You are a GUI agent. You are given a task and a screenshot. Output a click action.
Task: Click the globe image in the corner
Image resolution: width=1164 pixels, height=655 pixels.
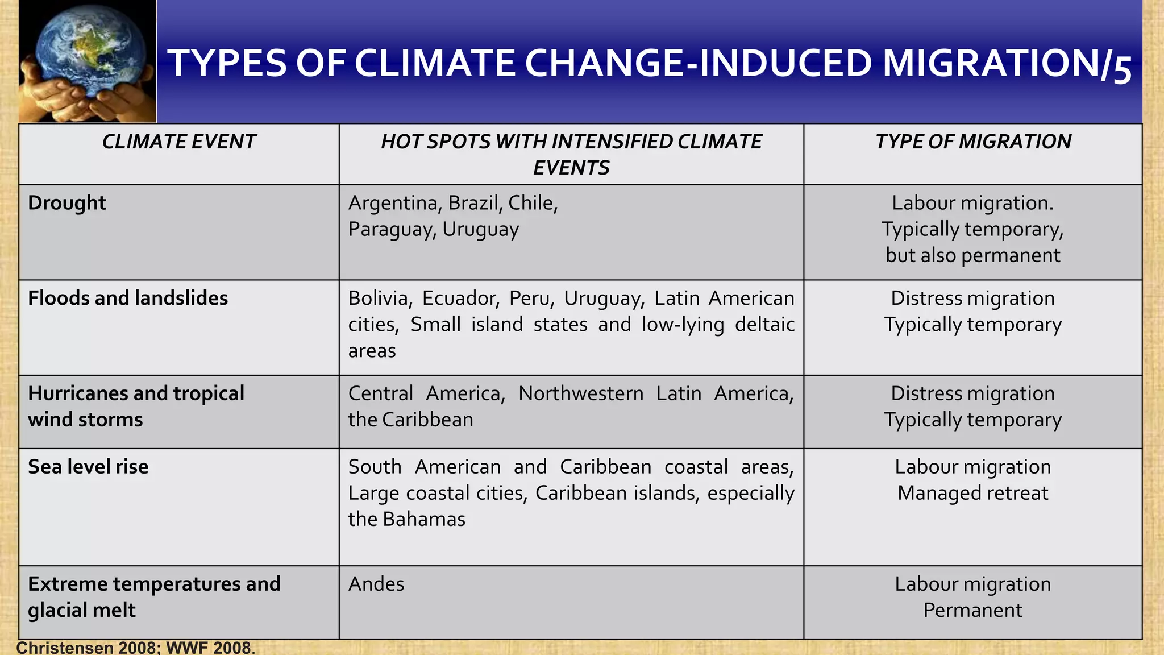tap(88, 61)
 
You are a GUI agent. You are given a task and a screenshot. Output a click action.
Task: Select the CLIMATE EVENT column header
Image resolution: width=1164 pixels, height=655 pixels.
tap(179, 142)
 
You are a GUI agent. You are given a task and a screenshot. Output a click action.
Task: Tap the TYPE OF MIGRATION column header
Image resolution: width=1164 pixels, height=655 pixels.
tap(972, 142)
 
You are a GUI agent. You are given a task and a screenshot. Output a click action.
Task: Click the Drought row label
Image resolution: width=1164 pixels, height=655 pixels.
tap(67, 203)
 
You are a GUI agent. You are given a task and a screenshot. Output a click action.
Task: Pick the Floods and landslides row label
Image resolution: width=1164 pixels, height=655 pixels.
tap(128, 298)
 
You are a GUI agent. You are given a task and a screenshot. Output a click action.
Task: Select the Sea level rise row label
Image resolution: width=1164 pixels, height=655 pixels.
tap(88, 467)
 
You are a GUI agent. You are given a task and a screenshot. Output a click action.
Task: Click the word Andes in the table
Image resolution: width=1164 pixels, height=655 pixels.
tap(376, 584)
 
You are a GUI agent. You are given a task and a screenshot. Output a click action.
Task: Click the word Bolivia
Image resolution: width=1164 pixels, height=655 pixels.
tap(380, 298)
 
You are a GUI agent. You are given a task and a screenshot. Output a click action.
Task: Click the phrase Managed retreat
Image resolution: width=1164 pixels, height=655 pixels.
tap(972, 493)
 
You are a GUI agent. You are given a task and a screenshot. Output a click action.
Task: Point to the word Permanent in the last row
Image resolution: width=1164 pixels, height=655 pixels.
tap(972, 610)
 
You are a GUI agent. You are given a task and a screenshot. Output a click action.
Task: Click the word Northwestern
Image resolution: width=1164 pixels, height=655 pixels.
tap(581, 393)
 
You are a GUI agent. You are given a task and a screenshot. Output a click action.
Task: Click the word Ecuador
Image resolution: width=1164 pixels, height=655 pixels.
tap(460, 298)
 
